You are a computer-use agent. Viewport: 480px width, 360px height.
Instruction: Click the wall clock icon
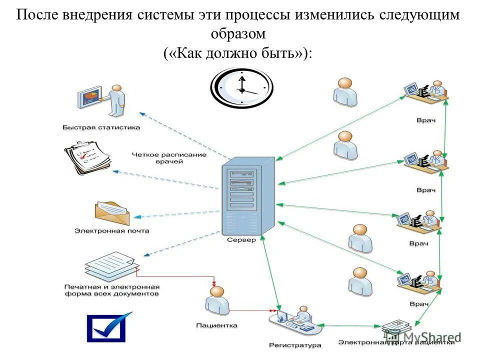click(241, 88)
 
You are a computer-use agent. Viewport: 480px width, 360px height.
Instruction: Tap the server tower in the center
click(247, 196)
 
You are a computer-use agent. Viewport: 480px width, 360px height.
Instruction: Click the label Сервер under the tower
click(241, 240)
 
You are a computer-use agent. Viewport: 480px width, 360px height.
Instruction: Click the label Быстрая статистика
click(101, 127)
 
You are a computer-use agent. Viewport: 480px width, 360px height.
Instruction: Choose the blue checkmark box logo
click(108, 327)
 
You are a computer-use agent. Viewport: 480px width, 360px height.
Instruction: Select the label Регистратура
click(295, 345)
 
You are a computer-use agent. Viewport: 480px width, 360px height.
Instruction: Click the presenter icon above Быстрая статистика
click(102, 100)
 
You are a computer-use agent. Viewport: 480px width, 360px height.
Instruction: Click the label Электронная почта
click(111, 231)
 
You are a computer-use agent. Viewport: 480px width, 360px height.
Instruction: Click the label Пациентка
click(216, 325)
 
